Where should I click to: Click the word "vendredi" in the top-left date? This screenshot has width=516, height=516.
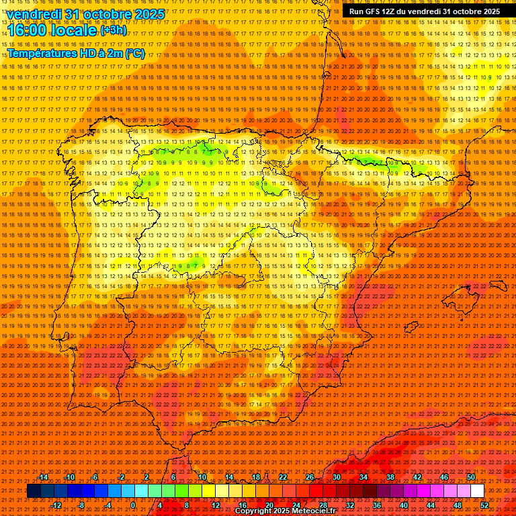coord(35,13)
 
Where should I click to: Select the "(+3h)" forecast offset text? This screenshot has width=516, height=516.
coord(112,30)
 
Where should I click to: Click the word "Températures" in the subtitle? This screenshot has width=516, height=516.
coord(43,54)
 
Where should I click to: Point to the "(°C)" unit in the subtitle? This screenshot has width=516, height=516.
coord(134,54)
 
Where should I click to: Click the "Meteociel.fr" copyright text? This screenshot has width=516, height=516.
coord(323,511)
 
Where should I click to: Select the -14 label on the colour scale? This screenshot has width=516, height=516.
coord(43,477)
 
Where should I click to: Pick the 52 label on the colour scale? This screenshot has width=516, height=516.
coord(484,505)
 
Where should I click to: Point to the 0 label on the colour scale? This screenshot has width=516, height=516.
coord(133,505)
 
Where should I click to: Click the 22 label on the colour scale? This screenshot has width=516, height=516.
coord(284,477)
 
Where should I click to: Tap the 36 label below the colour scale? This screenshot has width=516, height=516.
coord(376,505)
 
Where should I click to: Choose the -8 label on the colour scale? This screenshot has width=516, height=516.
coord(81,505)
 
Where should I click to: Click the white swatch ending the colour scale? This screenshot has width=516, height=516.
coord(477,491)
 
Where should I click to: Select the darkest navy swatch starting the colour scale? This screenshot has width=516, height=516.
coord(34,491)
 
